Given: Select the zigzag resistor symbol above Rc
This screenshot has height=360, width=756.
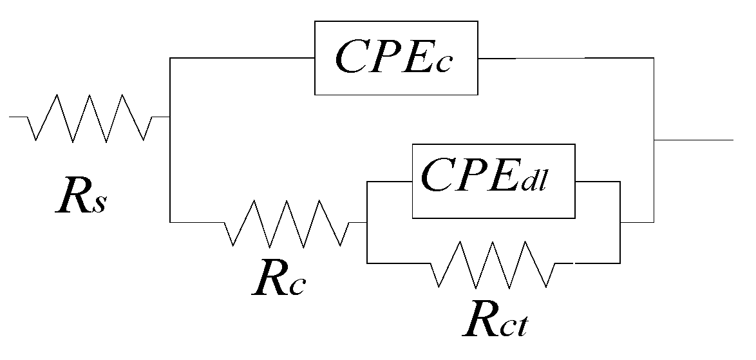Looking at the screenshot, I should tap(286, 223).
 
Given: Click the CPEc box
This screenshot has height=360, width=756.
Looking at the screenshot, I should tap(396, 58).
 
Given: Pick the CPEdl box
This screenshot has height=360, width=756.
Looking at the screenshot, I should tap(493, 181).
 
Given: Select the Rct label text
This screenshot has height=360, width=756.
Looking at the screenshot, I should tap(496, 321).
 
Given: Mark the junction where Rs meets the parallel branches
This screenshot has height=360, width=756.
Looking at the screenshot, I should tap(169, 117).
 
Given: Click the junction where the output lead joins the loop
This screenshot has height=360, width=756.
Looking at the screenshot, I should tap(654, 139).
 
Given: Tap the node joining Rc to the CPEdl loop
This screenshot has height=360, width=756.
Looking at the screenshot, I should tap(366, 223).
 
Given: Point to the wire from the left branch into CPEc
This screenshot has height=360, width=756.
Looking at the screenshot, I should tap(241, 58).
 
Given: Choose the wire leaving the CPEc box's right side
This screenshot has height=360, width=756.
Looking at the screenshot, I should tap(567, 58).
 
